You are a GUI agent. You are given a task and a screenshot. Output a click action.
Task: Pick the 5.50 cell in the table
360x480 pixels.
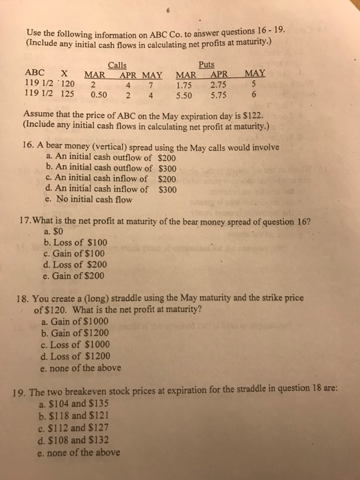point(187,97)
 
